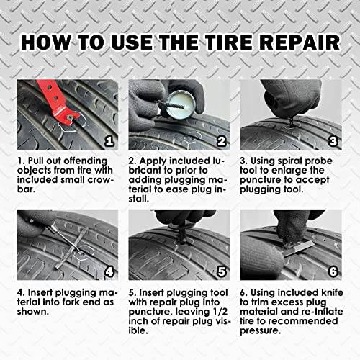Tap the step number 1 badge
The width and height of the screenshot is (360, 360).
109,140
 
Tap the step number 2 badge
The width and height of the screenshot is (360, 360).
222,140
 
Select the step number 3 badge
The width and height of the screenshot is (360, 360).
332,140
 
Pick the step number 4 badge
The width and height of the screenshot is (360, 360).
109,272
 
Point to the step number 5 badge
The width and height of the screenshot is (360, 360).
222,272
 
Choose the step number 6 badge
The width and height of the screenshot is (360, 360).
332,272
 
